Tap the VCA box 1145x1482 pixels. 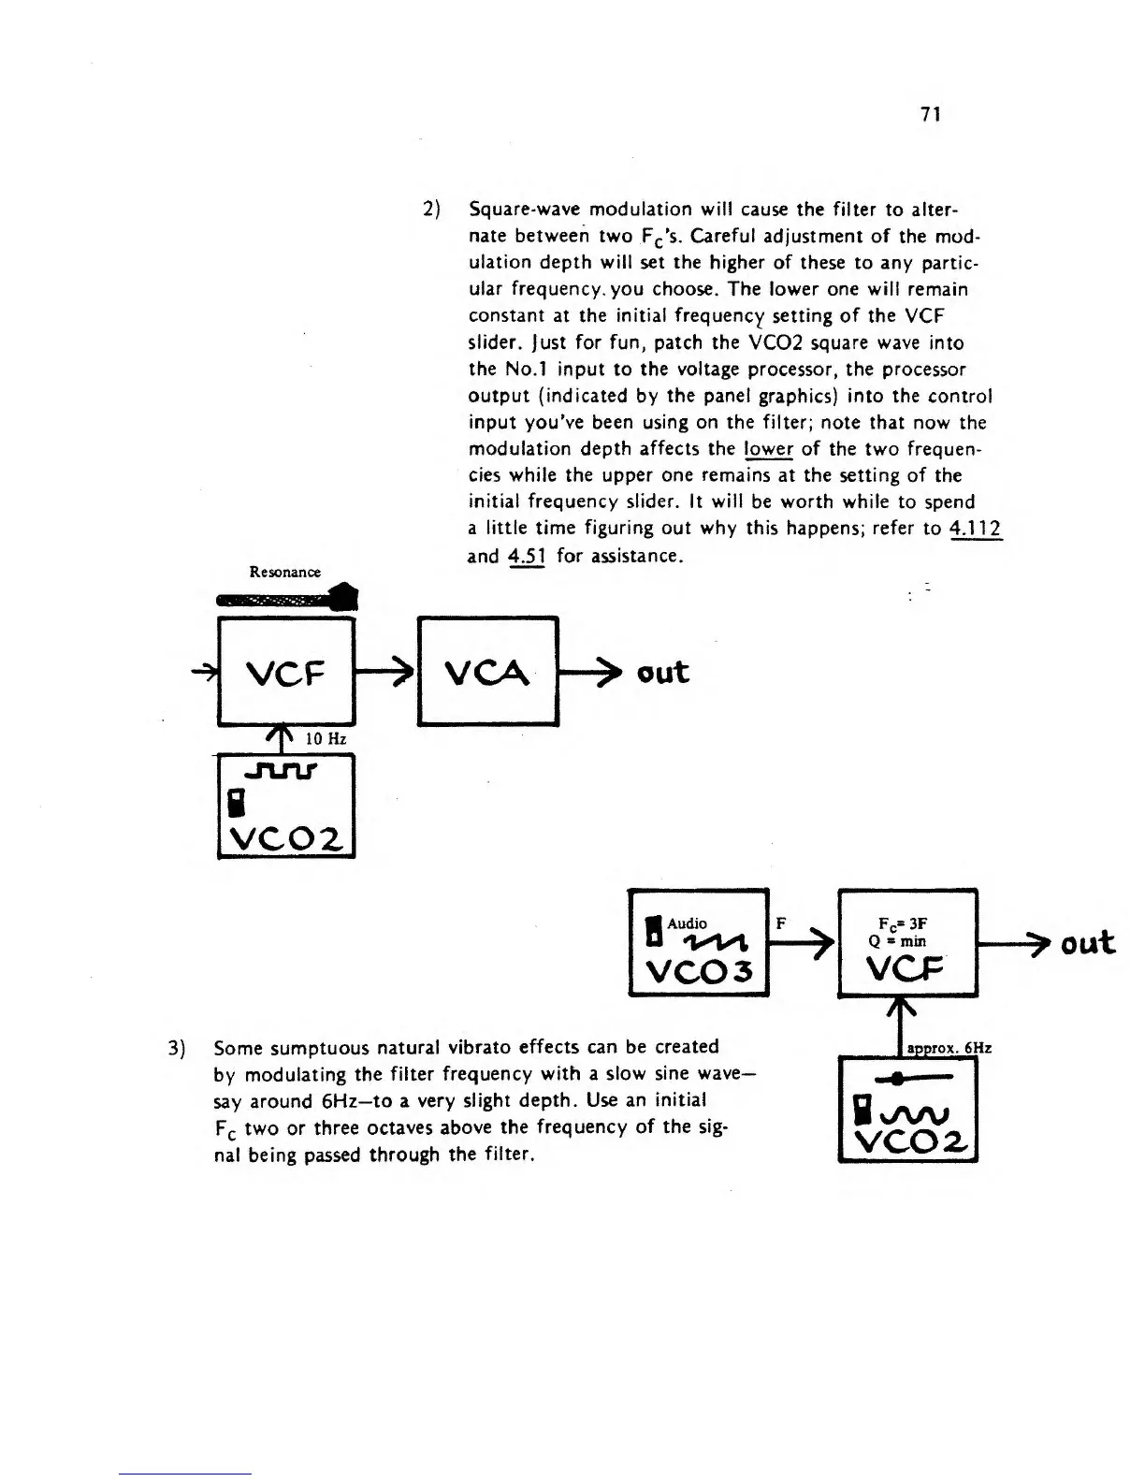489,671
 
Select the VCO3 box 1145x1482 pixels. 698,942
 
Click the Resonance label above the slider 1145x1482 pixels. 284,572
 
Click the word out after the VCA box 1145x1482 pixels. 661,672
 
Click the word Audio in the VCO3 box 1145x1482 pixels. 687,923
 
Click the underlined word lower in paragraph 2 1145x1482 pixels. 768,448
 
